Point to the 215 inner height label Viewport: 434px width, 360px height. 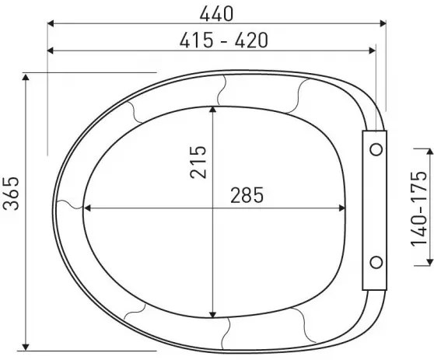click(x=198, y=162)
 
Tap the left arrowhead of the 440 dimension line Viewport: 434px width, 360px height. click(x=52, y=24)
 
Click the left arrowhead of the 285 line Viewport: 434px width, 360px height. click(x=87, y=208)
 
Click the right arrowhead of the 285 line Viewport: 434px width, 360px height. click(x=342, y=208)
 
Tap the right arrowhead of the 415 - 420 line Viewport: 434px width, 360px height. click(x=371, y=51)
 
